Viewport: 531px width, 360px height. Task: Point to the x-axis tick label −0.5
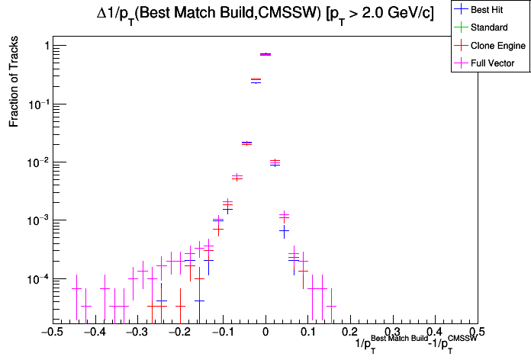click(50, 333)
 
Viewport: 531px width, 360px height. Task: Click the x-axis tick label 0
click(265, 333)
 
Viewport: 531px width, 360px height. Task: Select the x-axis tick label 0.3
click(392, 333)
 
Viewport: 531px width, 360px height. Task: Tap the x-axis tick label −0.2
click(178, 333)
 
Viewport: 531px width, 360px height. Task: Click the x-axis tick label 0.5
click(477, 333)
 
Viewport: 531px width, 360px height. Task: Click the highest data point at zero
click(265, 54)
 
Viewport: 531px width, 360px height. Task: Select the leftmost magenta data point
click(76, 288)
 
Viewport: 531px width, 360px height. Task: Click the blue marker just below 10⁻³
click(284, 230)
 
